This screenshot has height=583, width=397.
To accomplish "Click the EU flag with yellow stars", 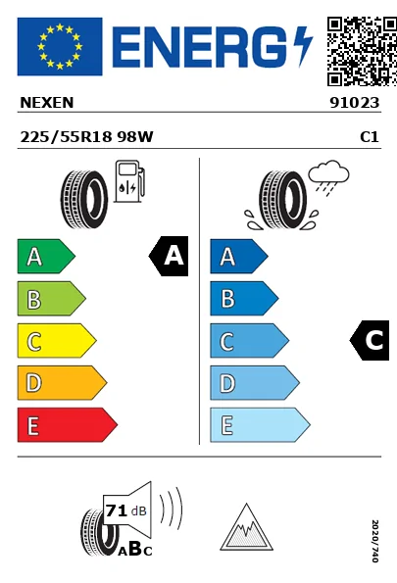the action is (60, 46).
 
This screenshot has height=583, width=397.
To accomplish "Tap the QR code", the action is (362, 51).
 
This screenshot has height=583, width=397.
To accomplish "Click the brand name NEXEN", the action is (47, 103).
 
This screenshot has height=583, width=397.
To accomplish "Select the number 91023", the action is (355, 103).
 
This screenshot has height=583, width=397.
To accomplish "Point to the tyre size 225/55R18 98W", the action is (86, 137).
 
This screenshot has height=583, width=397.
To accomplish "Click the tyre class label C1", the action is (370, 137).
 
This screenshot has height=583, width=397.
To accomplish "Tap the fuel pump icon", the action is (129, 181).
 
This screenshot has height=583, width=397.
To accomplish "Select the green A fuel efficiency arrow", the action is (46, 256).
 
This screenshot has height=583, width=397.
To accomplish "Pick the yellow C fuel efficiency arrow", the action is (57, 341).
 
